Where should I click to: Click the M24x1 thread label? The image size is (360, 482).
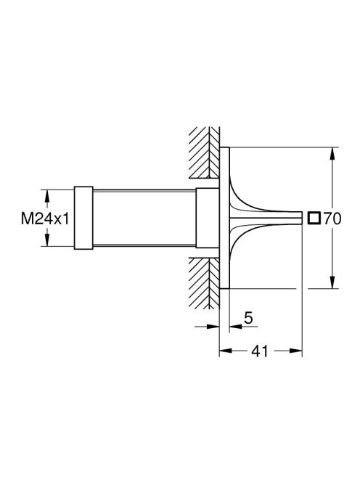[x=45, y=219]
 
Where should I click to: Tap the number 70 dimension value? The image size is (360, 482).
[x=332, y=219]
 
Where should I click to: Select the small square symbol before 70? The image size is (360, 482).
[x=314, y=218]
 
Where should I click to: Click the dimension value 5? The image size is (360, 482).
[x=248, y=318]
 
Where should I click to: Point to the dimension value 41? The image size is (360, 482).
[x=260, y=351]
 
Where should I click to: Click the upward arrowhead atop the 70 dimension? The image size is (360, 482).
[x=332, y=153]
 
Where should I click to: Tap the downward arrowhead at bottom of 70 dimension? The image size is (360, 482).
[x=332, y=282]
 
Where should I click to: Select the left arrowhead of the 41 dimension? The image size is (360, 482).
[x=225, y=351]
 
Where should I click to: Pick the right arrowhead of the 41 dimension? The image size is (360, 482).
[x=296, y=351]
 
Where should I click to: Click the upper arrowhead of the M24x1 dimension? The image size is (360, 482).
[x=46, y=196]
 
